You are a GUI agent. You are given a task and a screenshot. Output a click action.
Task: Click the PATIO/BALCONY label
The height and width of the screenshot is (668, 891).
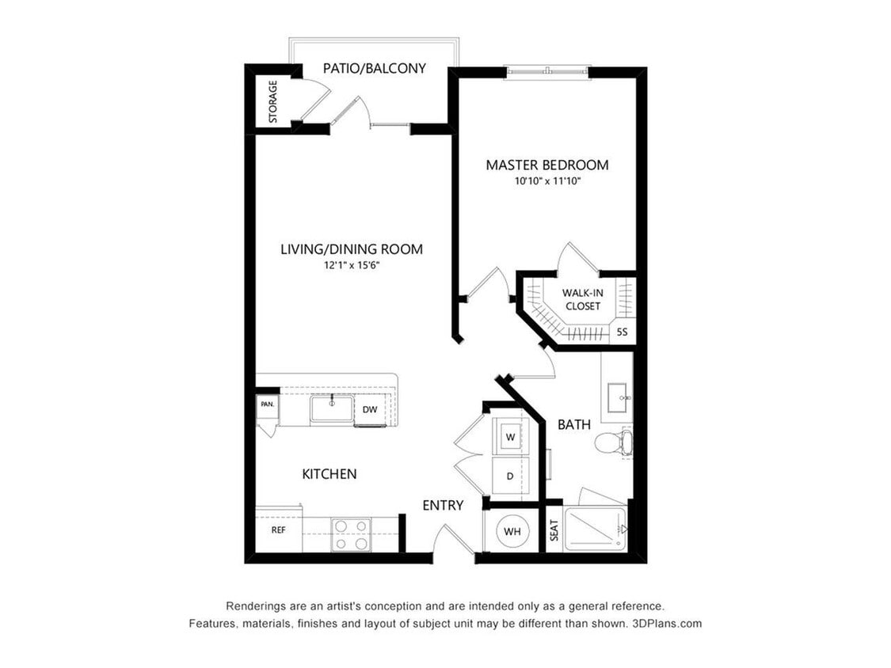coord(375,68)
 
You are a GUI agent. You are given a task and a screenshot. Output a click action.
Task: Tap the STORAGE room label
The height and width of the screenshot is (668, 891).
coord(272,101)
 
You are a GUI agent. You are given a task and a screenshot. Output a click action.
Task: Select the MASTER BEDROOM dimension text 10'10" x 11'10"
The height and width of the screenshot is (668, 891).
coord(547,182)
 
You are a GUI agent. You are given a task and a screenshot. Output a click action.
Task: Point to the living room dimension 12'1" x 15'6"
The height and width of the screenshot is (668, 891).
coord(352,264)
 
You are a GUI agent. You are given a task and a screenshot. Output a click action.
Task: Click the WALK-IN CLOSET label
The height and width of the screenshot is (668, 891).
coord(583,299)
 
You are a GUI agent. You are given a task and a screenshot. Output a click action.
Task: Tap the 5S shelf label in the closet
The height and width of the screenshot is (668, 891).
coord(623,332)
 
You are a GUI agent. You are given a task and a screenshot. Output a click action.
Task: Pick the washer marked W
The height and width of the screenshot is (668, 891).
coord(510,437)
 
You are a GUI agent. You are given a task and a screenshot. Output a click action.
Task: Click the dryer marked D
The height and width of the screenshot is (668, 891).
coord(510,476)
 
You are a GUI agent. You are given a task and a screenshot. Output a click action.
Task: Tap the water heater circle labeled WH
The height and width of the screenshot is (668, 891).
coord(512,532)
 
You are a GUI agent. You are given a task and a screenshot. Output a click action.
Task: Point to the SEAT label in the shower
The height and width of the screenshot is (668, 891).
coord(554,530)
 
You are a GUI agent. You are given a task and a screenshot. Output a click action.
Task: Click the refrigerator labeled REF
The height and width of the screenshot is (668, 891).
coord(279,530)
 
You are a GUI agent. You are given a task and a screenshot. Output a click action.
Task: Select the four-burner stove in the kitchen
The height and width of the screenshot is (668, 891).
coord(351,535)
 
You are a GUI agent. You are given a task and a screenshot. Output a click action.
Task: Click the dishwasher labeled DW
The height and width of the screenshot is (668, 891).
coord(370,409)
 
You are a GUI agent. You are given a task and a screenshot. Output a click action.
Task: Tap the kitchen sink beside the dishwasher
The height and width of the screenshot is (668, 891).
coord(331,408)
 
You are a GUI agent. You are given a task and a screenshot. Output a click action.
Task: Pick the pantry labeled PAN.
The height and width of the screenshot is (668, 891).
coord(267,405)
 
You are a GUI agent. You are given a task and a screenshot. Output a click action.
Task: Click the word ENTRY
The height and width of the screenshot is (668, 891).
coord(443,505)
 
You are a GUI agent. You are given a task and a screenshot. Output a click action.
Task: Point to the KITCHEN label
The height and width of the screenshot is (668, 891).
coord(329,474)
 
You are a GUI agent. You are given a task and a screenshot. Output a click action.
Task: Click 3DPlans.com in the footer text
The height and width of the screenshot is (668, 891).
coord(667,623)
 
